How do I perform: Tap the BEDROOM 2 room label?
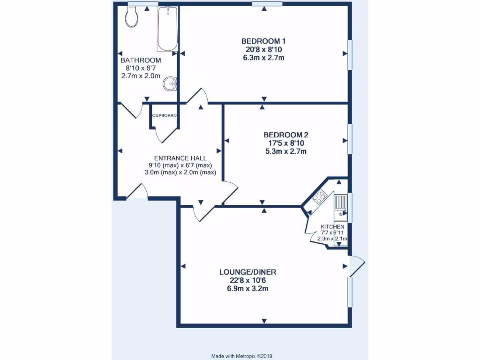pos(285,135)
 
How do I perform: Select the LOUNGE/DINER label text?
pos(248,272)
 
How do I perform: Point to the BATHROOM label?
pos(141,60)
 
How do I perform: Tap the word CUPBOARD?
pos(164,115)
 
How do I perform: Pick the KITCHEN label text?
pos(332,227)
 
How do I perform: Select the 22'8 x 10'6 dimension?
pos(248,280)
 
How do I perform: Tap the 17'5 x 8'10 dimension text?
pos(285,143)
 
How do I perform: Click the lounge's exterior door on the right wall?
pos(356,266)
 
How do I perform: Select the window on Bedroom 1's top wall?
pos(267,4)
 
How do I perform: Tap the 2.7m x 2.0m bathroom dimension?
pos(141,76)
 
